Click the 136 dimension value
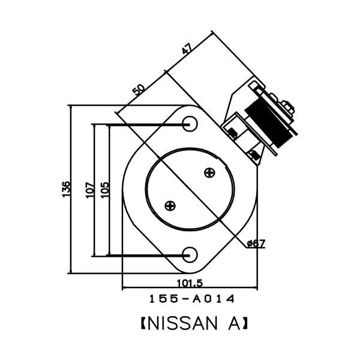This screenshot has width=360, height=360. (66, 189)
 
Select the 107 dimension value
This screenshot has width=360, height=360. (90, 190)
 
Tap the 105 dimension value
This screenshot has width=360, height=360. (104, 190)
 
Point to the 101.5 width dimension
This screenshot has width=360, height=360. (190, 283)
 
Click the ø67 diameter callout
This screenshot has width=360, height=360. (256, 244)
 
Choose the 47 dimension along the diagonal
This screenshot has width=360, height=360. (187, 49)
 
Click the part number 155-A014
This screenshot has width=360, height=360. (192, 299)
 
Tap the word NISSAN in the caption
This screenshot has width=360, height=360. (182, 323)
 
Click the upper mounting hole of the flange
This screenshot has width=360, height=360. (190, 124)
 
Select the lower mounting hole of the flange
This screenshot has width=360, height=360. (190, 255)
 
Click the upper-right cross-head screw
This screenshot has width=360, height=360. (209, 173)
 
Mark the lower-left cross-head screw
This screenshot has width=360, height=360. (170, 205)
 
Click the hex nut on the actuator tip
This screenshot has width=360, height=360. (287, 107)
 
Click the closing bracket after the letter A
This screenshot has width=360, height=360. (244, 323)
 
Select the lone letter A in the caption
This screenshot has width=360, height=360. (234, 323)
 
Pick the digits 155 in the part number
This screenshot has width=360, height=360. (164, 299)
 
